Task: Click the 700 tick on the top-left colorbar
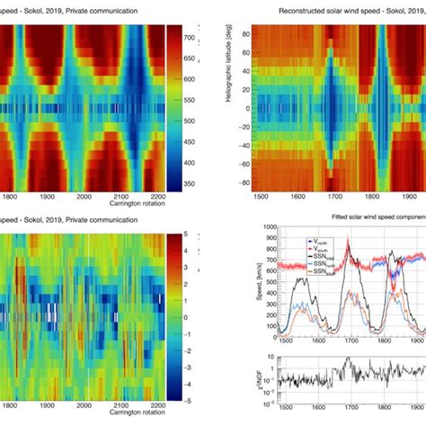(202, 40)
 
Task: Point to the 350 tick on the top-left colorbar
(202, 183)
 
